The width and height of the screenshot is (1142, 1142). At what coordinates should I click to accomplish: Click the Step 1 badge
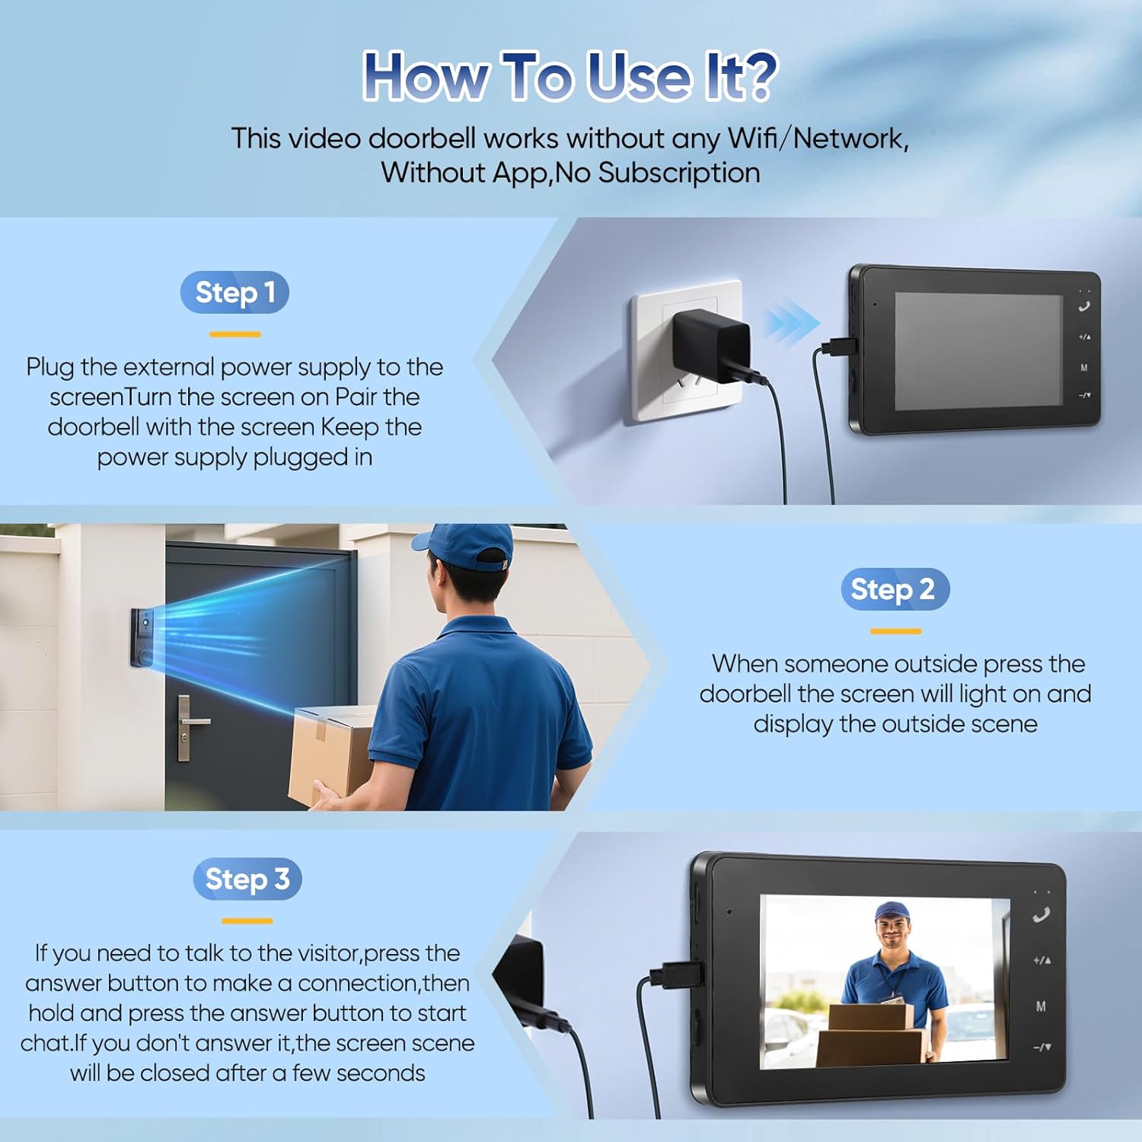(234, 292)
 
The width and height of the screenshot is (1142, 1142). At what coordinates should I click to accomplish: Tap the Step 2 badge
(895, 589)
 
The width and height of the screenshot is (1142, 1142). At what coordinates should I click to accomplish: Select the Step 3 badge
(247, 879)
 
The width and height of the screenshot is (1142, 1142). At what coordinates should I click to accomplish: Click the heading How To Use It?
(570, 75)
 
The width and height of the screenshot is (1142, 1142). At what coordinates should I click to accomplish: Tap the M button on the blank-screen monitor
(1084, 368)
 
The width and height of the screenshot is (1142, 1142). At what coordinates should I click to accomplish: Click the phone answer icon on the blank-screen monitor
(1084, 307)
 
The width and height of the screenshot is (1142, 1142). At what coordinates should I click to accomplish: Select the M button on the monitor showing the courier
(1041, 1006)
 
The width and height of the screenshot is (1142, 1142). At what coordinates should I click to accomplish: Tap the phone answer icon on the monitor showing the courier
(1041, 914)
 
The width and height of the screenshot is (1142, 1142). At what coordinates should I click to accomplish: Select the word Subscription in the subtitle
(679, 174)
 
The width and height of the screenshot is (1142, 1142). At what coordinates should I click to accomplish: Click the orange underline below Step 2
(895, 631)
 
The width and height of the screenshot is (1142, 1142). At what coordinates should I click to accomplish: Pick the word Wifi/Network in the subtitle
(818, 139)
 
